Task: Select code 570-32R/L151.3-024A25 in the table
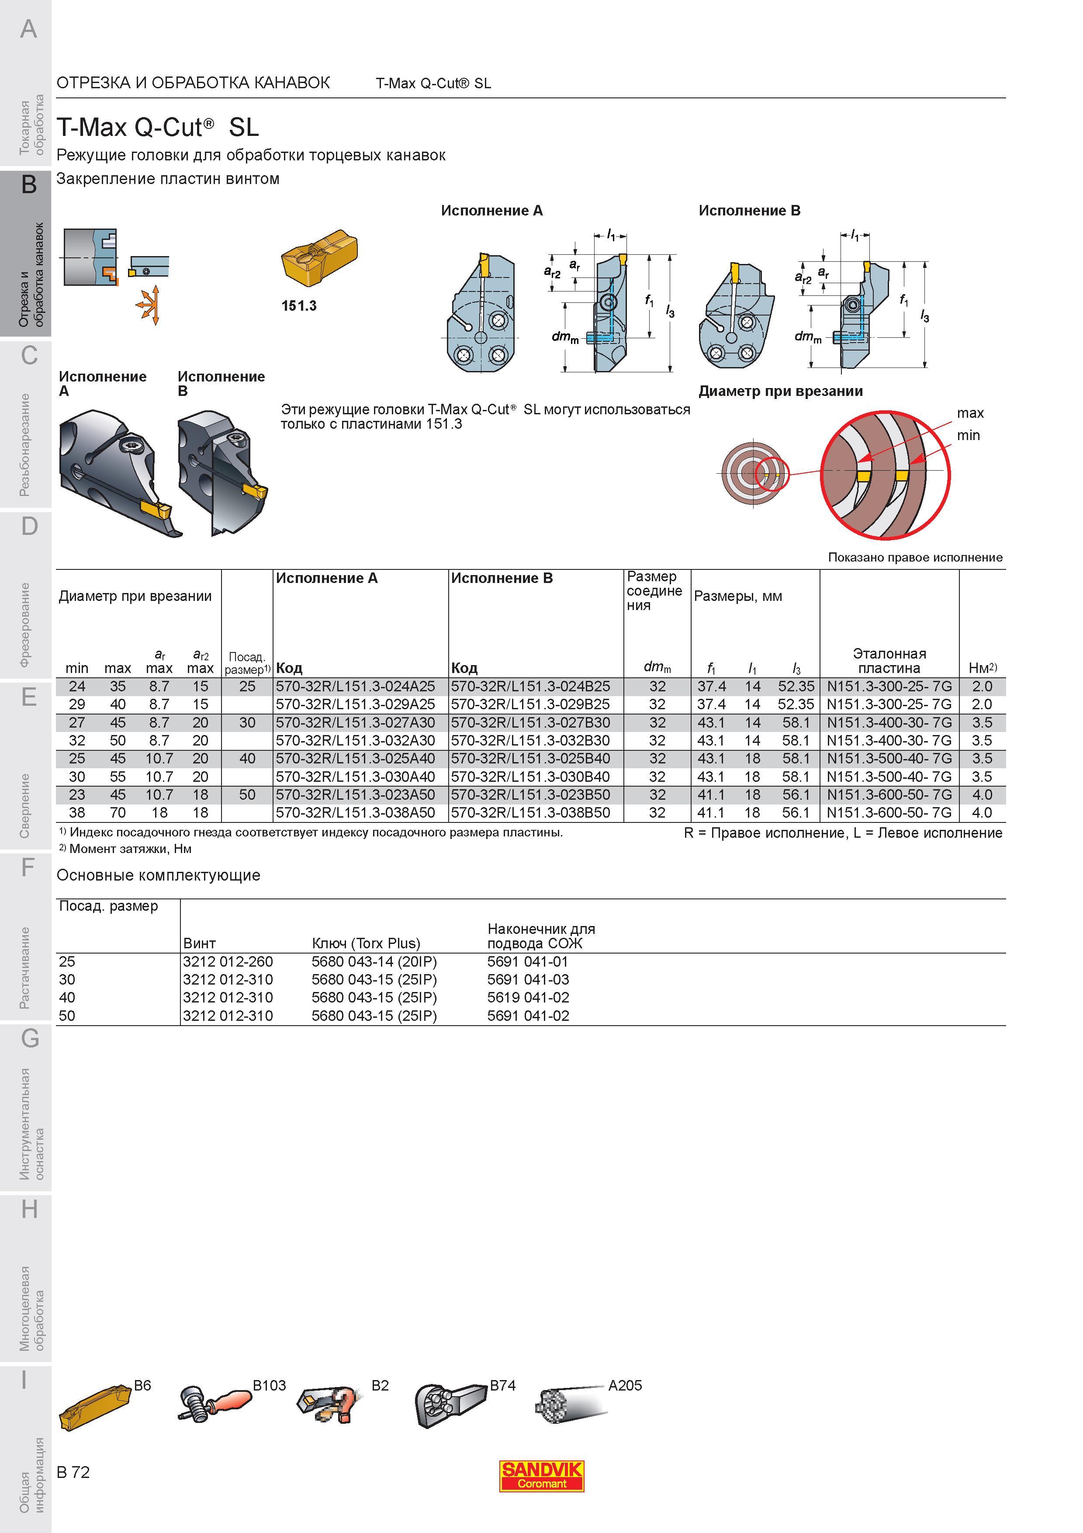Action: click(x=356, y=687)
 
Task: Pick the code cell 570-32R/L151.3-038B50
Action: click(x=530, y=812)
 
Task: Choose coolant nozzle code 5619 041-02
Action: click(x=529, y=998)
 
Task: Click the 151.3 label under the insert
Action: click(x=299, y=306)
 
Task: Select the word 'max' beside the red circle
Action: click(x=970, y=413)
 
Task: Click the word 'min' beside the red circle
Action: click(x=968, y=435)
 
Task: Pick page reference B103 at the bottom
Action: click(x=269, y=1385)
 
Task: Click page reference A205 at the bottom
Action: click(x=625, y=1385)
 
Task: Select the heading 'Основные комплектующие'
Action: click(x=158, y=875)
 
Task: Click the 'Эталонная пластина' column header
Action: click(x=889, y=660)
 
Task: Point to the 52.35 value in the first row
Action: click(x=796, y=687)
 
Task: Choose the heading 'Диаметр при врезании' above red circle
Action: click(x=781, y=391)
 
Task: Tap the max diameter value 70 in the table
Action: click(x=118, y=812)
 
